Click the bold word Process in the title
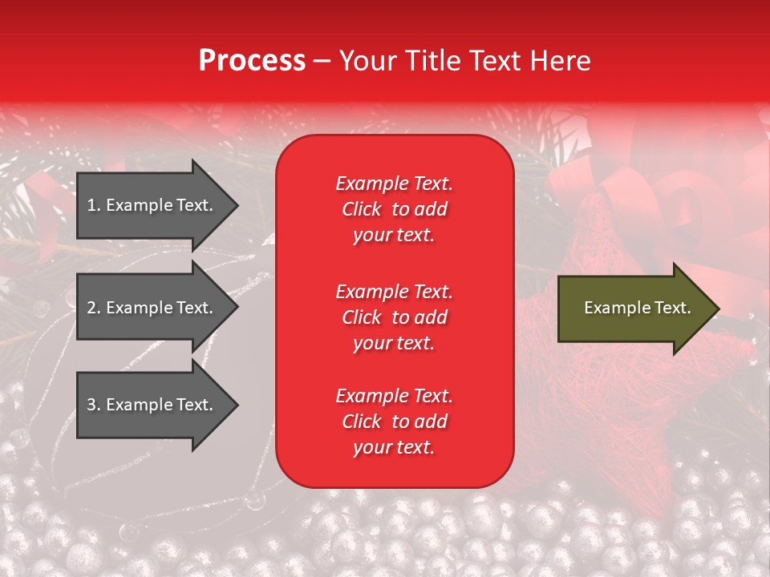coord(252,61)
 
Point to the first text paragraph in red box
coord(394,209)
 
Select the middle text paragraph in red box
coord(394,317)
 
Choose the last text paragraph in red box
coord(394,422)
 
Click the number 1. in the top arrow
coord(94,205)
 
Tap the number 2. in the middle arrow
coord(94,308)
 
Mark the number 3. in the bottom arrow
coord(94,405)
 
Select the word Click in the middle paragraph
coord(362,317)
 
